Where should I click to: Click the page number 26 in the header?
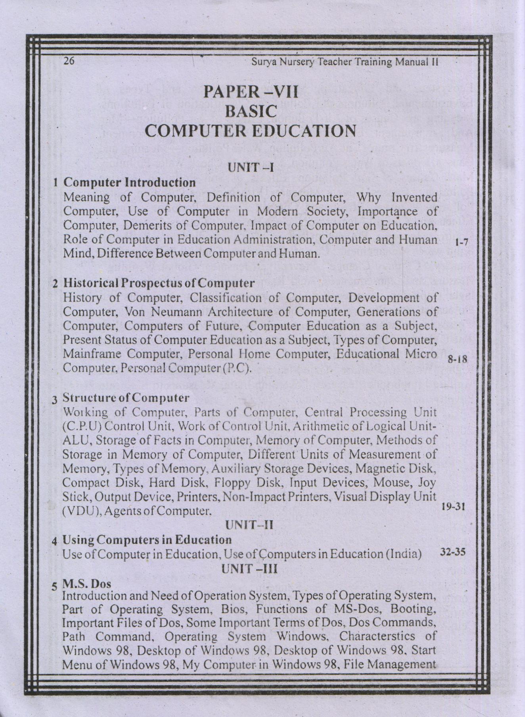coord(69,61)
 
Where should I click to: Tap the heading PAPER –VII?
coord(251,92)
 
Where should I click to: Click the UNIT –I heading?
coord(250,168)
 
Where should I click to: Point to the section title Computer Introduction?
coord(130,183)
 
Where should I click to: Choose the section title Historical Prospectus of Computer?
coord(159,283)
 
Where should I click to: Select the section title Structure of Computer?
coord(126,398)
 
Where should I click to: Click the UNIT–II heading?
coord(249,525)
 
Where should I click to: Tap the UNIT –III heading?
coord(249,569)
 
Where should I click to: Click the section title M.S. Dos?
coord(87,584)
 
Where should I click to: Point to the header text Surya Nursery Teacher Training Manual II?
coord(345,62)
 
